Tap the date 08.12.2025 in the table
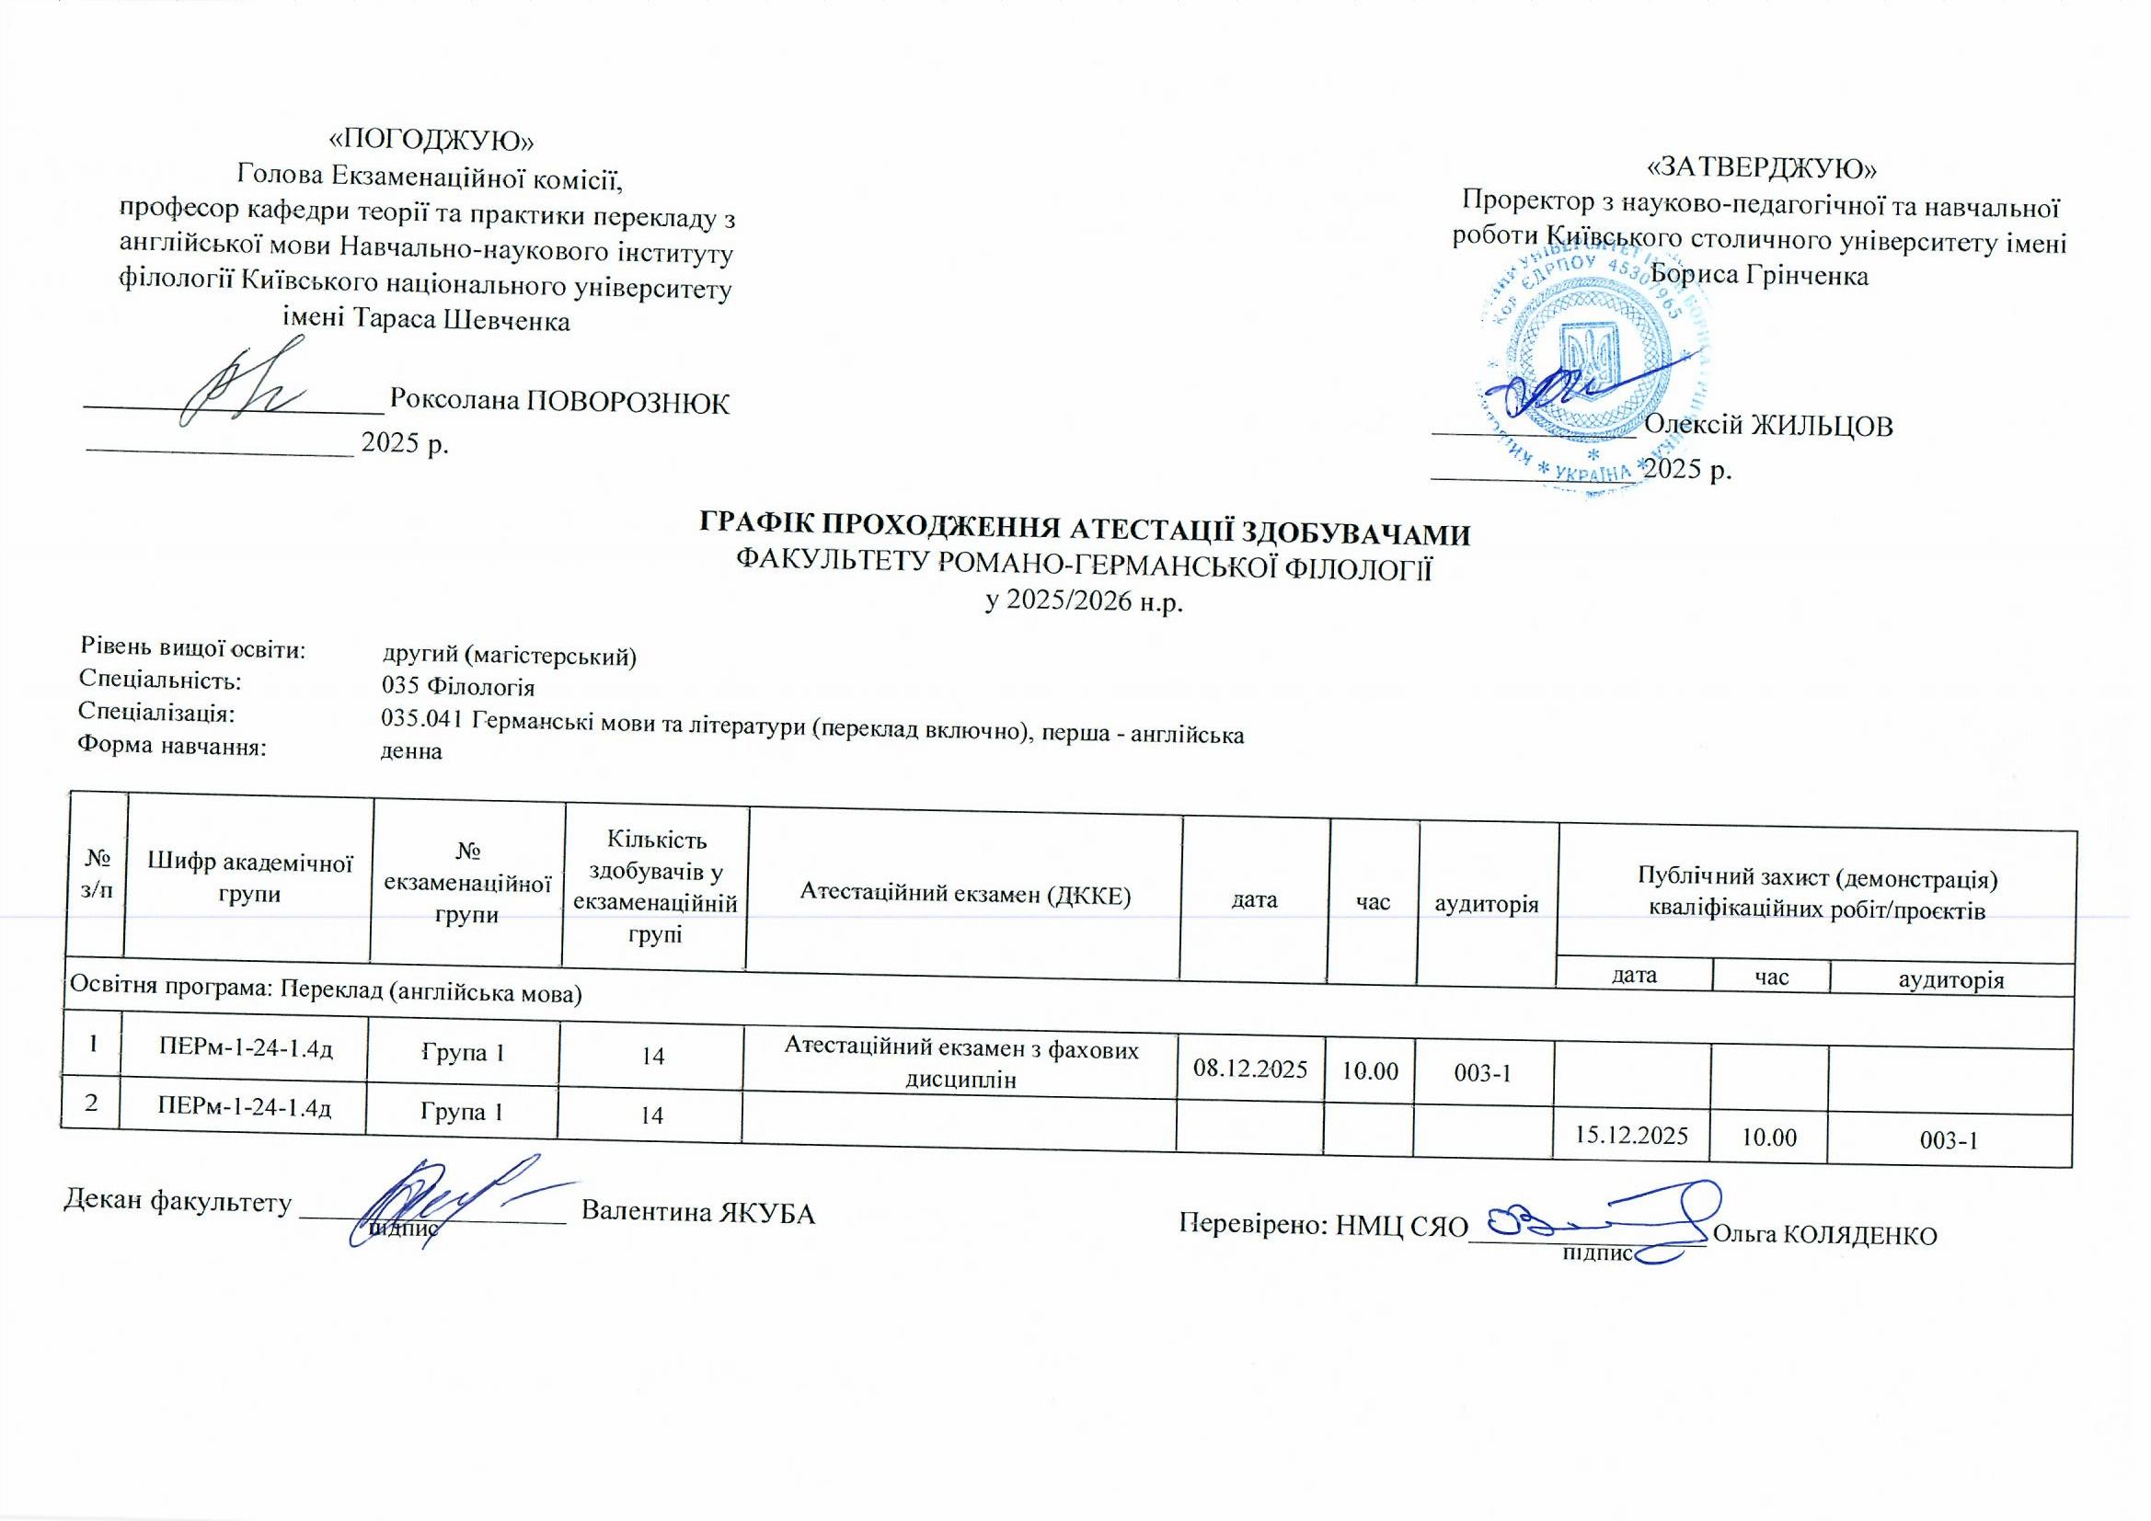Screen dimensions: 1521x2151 coord(1249,1069)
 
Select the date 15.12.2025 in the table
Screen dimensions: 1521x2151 coord(1631,1136)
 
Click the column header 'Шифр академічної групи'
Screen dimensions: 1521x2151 coord(250,878)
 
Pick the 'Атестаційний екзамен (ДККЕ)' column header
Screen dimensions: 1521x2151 coord(965,895)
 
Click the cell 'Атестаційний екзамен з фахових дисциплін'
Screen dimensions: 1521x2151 coord(961,1065)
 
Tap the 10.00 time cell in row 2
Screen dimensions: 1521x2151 coord(1768,1138)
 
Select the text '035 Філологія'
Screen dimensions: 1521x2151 coord(458,688)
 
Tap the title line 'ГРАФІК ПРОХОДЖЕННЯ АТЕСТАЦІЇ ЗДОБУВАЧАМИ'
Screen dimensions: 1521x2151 coord(1085,532)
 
